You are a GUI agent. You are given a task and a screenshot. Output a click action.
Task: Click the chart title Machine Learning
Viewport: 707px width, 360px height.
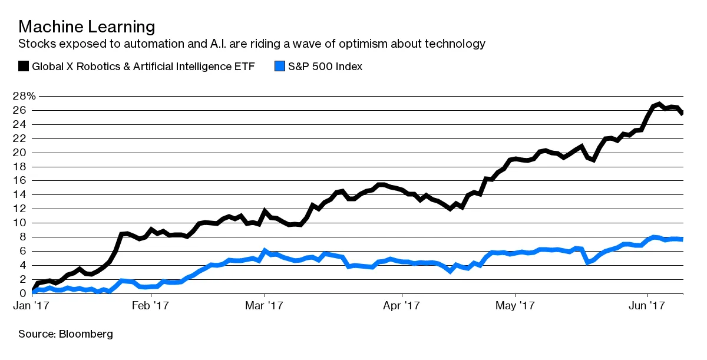pos(87,27)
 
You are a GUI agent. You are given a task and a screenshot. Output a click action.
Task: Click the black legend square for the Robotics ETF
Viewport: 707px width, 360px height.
pos(24,66)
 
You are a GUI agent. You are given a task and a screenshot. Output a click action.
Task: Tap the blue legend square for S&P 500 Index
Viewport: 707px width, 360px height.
pos(280,66)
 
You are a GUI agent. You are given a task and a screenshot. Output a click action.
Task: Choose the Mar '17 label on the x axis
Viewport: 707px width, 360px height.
pos(265,307)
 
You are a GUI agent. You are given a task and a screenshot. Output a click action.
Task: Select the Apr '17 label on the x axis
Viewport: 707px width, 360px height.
pos(401,307)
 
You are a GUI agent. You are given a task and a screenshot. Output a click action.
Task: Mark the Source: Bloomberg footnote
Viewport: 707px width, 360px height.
pos(65,334)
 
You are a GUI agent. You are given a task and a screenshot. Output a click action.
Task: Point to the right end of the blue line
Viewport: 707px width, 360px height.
pos(682,239)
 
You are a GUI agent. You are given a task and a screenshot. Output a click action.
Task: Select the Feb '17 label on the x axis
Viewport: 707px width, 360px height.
pos(150,307)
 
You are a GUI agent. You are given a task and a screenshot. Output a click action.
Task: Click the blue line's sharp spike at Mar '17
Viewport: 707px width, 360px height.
pos(265,250)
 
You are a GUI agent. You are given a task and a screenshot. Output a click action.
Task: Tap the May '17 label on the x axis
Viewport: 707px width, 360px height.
pos(515,307)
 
